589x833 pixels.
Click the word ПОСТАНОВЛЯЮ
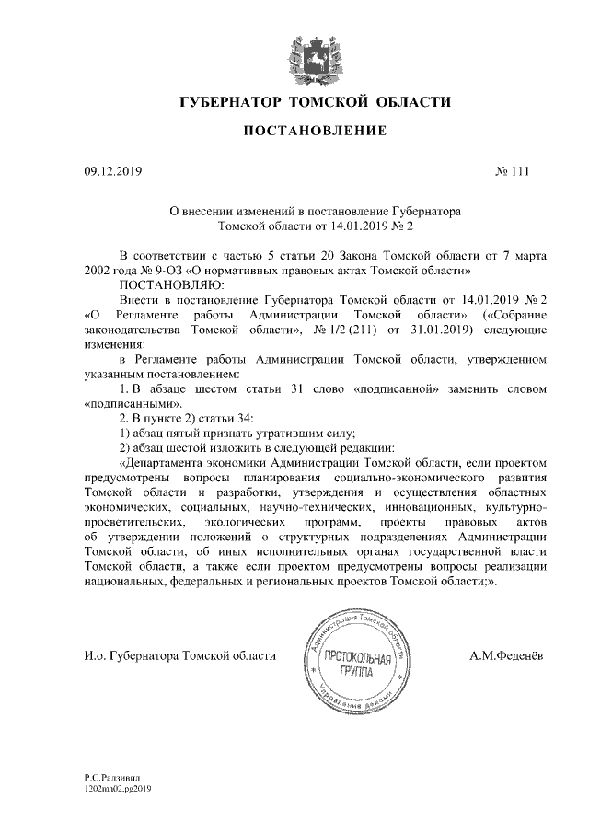coord(164,285)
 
